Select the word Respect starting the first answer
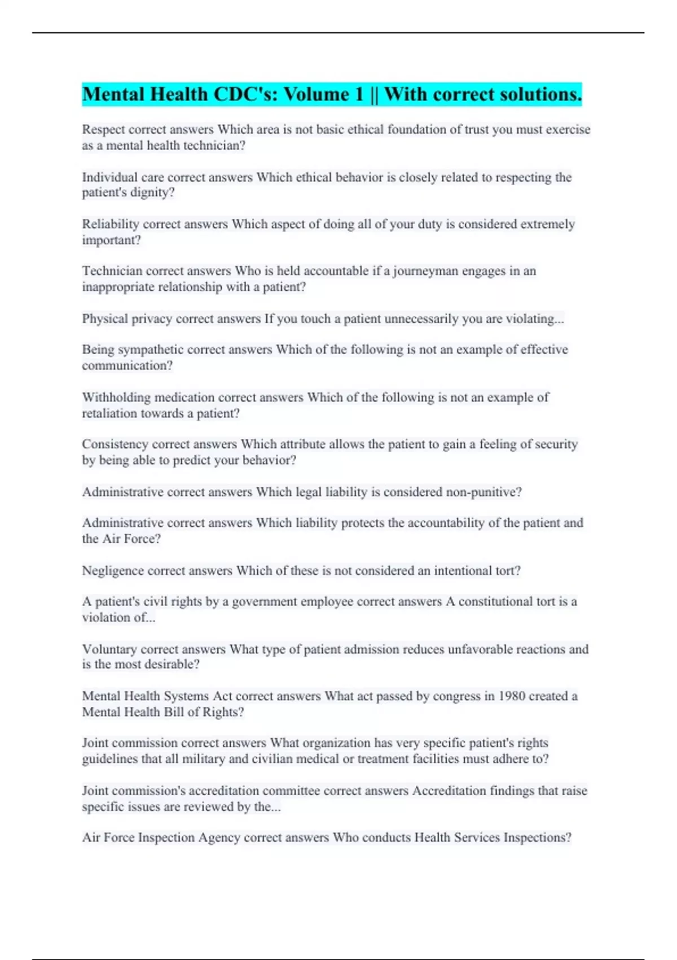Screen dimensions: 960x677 coord(103,130)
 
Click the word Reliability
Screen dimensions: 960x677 coord(111,224)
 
